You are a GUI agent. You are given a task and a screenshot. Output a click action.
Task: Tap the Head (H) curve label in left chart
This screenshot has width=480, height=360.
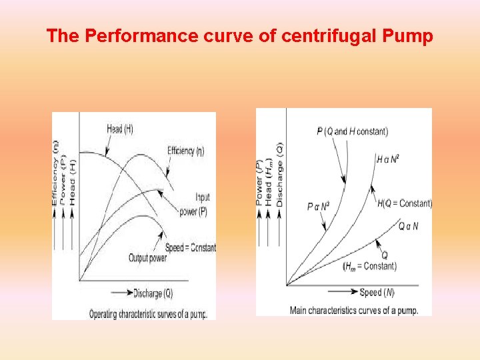[119, 129]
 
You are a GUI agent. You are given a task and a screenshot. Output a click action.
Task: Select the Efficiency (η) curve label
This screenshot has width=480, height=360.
[186, 151]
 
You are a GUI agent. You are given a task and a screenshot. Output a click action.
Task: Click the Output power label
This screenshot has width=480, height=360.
[147, 258]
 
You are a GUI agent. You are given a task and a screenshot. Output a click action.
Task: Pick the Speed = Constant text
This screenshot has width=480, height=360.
[191, 248]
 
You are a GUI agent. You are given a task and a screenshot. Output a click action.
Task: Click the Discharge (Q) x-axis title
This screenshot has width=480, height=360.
[153, 293]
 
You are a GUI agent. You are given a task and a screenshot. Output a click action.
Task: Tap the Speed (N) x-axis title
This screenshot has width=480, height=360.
[377, 292]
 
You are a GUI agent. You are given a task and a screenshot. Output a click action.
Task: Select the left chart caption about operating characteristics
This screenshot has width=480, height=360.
[148, 313]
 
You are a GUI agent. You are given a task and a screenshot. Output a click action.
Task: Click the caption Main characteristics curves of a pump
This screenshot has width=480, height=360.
[353, 310]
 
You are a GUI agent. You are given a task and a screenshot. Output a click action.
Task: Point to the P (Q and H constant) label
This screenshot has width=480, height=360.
[352, 131]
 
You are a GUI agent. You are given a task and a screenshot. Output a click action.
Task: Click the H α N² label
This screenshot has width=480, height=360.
[387, 159]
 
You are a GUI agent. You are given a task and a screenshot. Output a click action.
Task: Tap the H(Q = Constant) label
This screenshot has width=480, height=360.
[405, 203]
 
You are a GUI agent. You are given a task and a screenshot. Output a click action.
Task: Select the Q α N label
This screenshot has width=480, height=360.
[408, 227]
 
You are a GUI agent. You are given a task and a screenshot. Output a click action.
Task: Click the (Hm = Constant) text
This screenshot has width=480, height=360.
[369, 266]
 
